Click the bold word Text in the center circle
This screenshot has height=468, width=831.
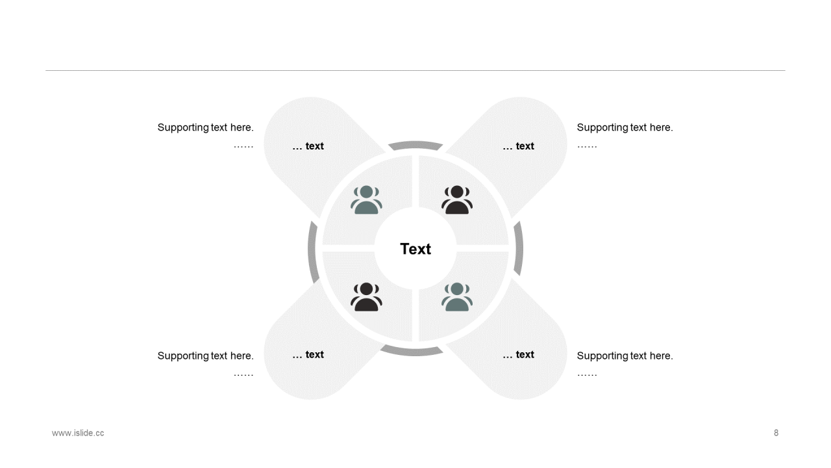(x=415, y=249)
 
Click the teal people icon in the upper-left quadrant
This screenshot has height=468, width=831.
(x=367, y=200)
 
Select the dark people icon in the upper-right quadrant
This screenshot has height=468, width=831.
(x=457, y=200)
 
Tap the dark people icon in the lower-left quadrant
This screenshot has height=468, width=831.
(x=367, y=297)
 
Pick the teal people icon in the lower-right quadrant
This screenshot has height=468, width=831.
(x=457, y=297)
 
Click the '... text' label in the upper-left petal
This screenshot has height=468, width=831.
(x=308, y=146)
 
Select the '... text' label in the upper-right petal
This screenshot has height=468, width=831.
(x=518, y=146)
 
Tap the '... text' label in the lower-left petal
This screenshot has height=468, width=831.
(x=308, y=355)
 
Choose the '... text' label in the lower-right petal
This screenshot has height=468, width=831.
(x=518, y=355)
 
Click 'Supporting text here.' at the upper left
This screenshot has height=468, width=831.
(x=206, y=127)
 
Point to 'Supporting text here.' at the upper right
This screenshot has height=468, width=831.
(x=625, y=127)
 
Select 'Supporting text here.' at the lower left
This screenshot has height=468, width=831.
(x=206, y=356)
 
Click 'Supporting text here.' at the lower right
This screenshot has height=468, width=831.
(x=625, y=356)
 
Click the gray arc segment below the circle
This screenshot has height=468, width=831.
(x=412, y=352)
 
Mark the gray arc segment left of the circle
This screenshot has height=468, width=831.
(x=312, y=252)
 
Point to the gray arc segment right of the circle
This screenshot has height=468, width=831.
(x=519, y=249)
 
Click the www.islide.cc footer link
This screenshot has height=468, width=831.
(x=78, y=433)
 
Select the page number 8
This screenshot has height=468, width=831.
(x=776, y=433)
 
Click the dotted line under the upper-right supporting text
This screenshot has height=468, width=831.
(x=587, y=147)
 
